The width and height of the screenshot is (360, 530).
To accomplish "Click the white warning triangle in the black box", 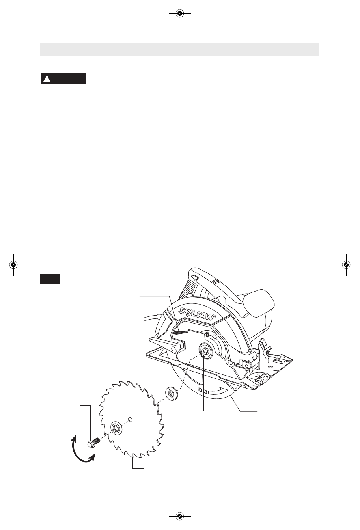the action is [47, 78].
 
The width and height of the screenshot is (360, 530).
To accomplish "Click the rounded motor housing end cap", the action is [258, 303].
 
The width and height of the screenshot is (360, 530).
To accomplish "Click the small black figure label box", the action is [50, 279].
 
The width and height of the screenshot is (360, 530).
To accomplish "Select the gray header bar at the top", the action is [180, 49].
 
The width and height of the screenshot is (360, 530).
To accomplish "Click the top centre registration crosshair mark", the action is [180, 13].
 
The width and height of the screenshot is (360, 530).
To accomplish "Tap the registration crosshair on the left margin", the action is [13, 264].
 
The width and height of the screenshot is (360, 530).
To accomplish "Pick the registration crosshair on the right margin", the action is [346, 264].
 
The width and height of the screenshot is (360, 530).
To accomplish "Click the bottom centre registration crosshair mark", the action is [180, 516].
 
